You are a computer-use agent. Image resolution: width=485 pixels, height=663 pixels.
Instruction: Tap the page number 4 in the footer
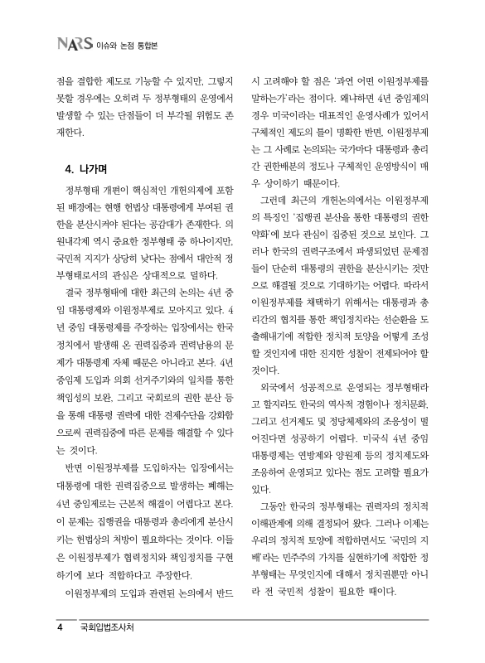pyautogui.click(x=61, y=627)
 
